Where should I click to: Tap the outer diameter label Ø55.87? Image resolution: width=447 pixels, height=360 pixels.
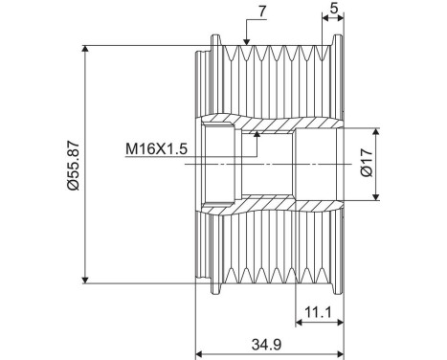point(73,162)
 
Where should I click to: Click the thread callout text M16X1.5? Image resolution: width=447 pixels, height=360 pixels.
point(156,149)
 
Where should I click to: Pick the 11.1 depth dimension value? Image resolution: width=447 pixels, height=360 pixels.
point(317,312)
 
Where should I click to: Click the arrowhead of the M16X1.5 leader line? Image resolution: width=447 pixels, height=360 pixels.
point(257,137)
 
